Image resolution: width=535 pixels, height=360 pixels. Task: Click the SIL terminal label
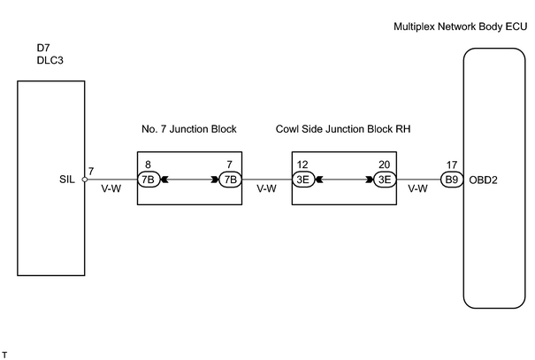point(67,180)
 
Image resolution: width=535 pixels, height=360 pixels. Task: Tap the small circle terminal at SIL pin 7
point(85,180)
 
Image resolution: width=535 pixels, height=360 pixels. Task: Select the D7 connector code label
point(43,48)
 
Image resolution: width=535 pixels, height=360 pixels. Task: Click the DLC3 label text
point(50,60)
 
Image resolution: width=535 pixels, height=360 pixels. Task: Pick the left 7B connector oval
point(149,180)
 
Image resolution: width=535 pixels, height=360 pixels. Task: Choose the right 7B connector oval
point(231,180)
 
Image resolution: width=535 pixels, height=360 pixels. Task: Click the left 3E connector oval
point(303,180)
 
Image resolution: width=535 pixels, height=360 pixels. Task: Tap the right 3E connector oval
point(385,180)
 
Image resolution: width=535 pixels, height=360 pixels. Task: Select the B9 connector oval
point(452,180)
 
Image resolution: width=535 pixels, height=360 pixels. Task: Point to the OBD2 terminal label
point(483,180)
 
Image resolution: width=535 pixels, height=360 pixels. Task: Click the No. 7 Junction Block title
point(189,129)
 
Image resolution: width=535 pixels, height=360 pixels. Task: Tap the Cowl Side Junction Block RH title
point(343,129)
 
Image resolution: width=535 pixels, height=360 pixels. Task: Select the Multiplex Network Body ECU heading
point(461,27)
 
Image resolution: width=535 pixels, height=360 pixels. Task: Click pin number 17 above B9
point(451,165)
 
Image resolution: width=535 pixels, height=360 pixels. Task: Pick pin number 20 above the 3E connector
point(384,165)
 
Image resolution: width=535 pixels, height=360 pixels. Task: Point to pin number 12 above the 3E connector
point(302,165)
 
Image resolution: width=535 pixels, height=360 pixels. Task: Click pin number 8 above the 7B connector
point(148,165)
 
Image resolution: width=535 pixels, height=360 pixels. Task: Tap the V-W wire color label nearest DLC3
point(111,188)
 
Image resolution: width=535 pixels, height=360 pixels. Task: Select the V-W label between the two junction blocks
point(267,188)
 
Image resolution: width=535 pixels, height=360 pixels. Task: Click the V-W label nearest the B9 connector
point(418,188)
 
